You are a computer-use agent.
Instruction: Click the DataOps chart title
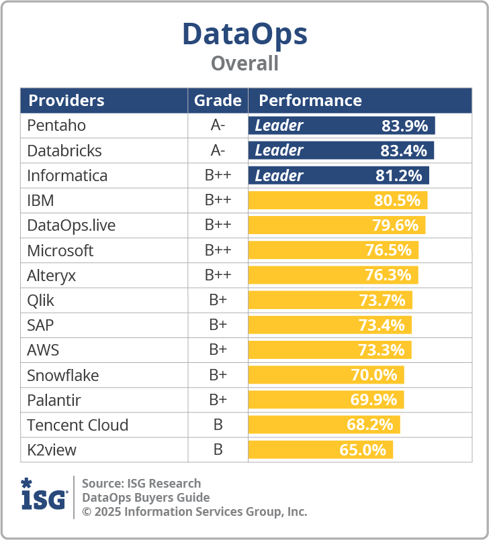click(x=244, y=34)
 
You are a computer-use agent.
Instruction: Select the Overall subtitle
click(x=244, y=63)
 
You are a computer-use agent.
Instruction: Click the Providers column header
click(x=66, y=101)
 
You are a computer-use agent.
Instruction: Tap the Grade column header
click(x=218, y=101)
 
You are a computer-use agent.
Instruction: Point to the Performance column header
click(x=310, y=101)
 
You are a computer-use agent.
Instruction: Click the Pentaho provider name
click(x=56, y=125)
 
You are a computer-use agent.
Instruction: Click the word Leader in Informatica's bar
click(x=279, y=176)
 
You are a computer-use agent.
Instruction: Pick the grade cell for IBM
click(x=218, y=201)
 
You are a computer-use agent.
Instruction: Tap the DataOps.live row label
click(x=71, y=225)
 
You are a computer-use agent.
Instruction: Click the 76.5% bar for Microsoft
click(x=333, y=250)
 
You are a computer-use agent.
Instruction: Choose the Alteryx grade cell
click(x=218, y=275)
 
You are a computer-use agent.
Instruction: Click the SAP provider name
click(x=40, y=325)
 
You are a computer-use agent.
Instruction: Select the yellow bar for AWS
click(x=329, y=350)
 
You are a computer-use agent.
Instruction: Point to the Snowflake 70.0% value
click(x=374, y=375)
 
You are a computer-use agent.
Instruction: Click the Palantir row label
click(x=54, y=400)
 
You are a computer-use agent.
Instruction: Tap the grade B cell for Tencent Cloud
click(x=218, y=425)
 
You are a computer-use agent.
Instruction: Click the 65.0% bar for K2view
click(x=320, y=450)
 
